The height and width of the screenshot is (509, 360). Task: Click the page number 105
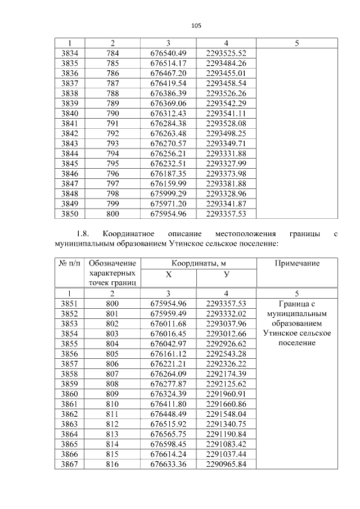(196, 25)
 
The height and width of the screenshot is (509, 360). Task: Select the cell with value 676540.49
(168, 53)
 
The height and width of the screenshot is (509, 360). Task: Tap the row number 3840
(69, 113)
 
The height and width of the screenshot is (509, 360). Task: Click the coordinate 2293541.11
(226, 113)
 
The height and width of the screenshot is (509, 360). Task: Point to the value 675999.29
(168, 193)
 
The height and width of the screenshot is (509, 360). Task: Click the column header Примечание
(297, 263)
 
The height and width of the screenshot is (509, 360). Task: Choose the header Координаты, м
(197, 263)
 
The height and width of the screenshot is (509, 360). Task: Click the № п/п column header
(69, 263)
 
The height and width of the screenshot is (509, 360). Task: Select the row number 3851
(69, 304)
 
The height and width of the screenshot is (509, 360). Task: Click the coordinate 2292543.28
(226, 354)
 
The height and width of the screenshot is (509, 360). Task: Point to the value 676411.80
(168, 404)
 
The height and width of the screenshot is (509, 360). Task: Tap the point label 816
(112, 464)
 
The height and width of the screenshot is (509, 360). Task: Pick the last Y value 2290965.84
(226, 464)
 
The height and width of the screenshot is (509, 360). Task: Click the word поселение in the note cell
(297, 344)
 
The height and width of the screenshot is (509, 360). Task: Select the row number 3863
(69, 424)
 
